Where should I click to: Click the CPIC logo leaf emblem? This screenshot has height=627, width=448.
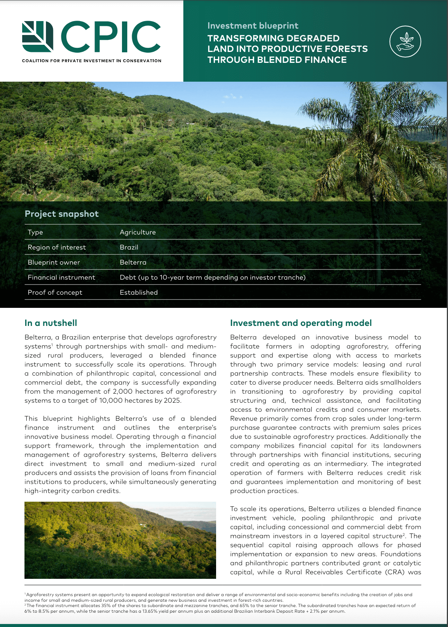[37, 37]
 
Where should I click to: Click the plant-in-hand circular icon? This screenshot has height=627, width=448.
[405, 41]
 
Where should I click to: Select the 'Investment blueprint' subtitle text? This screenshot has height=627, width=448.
[253, 26]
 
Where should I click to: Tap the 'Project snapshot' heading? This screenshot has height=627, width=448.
[61, 214]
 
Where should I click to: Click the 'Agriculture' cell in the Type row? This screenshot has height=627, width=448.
[137, 232]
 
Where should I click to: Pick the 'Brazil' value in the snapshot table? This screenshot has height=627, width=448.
[129, 247]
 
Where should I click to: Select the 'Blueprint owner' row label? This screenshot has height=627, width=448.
[54, 262]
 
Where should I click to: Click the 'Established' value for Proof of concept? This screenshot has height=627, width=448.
[139, 292]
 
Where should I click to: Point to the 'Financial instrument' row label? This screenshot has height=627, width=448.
[61, 277]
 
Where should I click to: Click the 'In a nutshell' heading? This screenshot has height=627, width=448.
[51, 323]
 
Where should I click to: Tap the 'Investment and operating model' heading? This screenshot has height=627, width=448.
[301, 323]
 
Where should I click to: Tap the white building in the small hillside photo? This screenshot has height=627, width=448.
[142, 525]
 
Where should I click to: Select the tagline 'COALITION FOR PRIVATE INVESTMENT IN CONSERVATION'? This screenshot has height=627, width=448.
[91, 61]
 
